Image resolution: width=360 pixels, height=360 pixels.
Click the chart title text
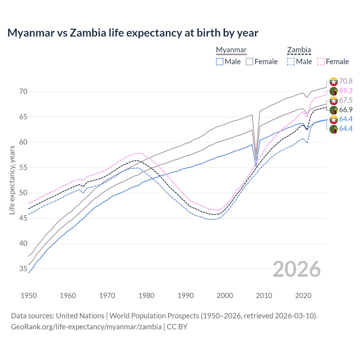coord(133,33)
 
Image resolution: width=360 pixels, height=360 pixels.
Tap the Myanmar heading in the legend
coord(231,50)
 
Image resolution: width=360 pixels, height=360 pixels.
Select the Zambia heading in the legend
coord(299,50)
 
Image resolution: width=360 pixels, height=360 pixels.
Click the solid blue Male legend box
coord(220,62)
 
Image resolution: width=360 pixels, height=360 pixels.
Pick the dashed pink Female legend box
coord(321,62)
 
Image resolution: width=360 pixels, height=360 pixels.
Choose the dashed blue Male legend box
coord(291,62)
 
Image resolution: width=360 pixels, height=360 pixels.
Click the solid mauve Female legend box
coord(249,62)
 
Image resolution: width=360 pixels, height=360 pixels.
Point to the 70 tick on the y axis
coord(23,92)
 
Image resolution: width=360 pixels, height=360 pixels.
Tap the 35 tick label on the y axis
coord(23,269)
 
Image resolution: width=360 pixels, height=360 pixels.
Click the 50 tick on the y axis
coord(23,193)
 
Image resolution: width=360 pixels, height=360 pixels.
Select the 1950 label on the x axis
coord(29,296)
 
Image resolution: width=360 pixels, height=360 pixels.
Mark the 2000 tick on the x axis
coord(225,296)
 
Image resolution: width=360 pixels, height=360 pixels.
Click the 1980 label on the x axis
coord(146,296)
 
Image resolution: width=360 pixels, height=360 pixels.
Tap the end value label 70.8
coord(346,81)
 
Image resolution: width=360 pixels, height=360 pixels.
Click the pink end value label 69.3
coord(346,91)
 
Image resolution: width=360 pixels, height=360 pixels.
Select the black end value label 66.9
coord(346,110)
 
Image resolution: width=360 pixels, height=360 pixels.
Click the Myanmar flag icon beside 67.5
coord(334,101)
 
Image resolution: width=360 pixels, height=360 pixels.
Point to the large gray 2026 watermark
coord(297,269)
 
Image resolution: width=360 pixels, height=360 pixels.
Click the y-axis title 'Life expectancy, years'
coord(12,180)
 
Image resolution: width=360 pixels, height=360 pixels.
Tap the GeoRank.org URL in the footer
coord(86,327)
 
